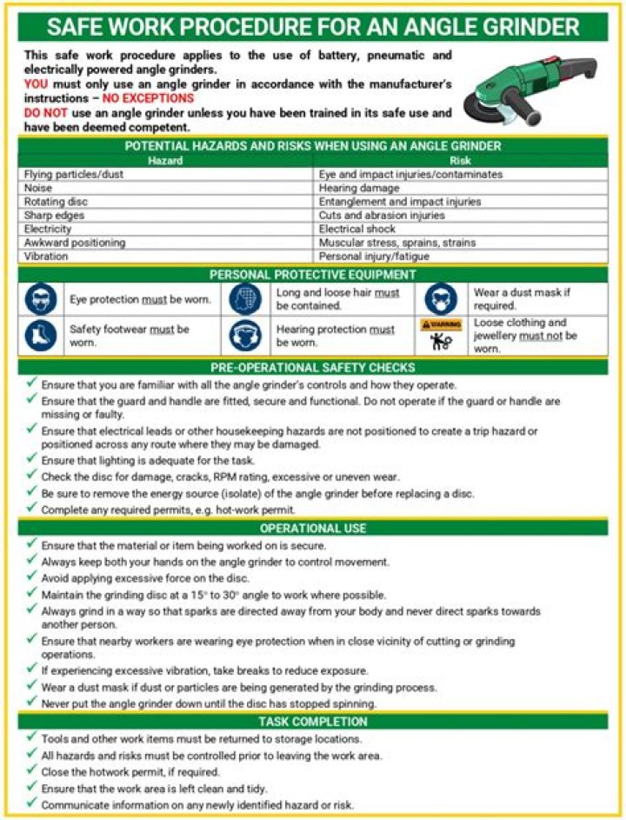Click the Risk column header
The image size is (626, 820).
(x=461, y=161)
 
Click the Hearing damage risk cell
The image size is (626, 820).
(x=357, y=188)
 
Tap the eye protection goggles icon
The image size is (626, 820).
(x=40, y=300)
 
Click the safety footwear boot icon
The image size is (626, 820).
(x=40, y=336)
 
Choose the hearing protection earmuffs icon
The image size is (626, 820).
(x=245, y=336)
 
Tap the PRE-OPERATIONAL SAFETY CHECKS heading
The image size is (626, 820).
(x=313, y=368)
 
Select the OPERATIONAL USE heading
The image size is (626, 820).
(x=313, y=528)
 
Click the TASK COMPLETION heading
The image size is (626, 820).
(x=313, y=722)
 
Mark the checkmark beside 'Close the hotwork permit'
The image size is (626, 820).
(x=31, y=771)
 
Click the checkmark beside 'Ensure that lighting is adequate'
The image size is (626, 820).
(x=31, y=459)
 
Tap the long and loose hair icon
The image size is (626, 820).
(x=245, y=300)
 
